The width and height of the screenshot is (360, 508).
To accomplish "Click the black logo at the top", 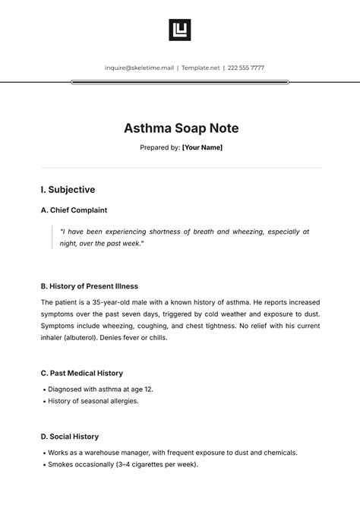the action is pos(180,30).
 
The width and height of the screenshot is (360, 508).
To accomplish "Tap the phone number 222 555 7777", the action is pos(247,68).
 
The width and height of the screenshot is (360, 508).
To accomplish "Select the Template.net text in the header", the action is pos(201,68).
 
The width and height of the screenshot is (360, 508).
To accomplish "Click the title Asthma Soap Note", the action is pos(180,128).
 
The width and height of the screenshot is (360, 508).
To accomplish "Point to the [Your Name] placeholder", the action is pos(202,148).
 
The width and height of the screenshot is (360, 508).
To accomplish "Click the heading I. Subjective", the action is pos(68,190).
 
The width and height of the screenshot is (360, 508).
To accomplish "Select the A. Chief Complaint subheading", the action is pos(74,210).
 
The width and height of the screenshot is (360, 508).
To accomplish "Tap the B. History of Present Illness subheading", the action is pos(89,286).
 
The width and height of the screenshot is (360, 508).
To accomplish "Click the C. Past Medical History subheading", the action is pos(81,374).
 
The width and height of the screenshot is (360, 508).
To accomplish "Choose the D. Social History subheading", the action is pos(69,437).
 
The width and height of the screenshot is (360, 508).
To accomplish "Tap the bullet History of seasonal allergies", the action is pos(93,401).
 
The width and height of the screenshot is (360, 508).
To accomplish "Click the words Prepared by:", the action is pos(159,148).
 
